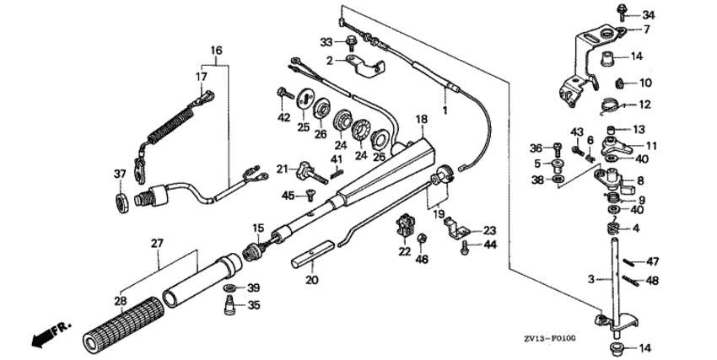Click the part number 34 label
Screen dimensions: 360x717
click(x=648, y=15)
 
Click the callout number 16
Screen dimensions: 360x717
click(x=216, y=51)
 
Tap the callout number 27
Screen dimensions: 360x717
click(x=155, y=244)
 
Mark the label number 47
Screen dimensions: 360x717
click(x=653, y=261)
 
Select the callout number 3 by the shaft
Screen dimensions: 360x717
click(x=591, y=277)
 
